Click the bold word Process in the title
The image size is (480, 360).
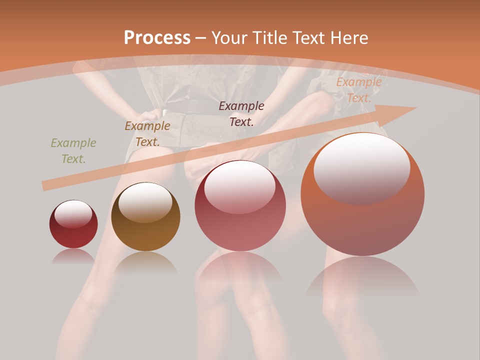[x=157, y=38]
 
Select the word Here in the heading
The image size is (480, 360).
[x=348, y=38]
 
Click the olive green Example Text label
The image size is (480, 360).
[x=73, y=151]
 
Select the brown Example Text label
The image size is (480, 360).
[x=147, y=134]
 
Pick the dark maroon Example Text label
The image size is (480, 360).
[x=241, y=113]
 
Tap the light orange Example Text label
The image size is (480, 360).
[x=359, y=90]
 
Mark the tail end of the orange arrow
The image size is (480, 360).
[x=46, y=186]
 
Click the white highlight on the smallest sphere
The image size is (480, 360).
[x=73, y=214]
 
